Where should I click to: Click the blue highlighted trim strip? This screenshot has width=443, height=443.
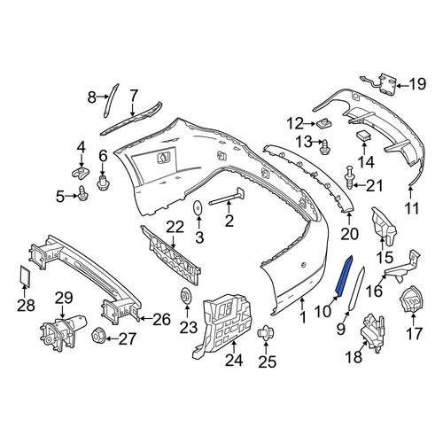pyautogui.click(x=345, y=276)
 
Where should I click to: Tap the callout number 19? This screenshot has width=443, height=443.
pyautogui.click(x=417, y=84)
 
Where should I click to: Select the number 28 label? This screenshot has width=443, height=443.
pyautogui.click(x=26, y=306)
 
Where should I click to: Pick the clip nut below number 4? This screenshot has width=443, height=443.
pyautogui.click(x=81, y=172)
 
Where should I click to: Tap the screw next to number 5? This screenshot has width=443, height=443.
pyautogui.click(x=83, y=192)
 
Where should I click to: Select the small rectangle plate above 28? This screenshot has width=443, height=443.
pyautogui.click(x=25, y=276)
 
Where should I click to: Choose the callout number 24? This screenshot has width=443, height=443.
pyautogui.click(x=234, y=361)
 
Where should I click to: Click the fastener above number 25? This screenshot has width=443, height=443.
pyautogui.click(x=266, y=334)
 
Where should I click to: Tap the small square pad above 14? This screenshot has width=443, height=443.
pyautogui.click(x=364, y=136)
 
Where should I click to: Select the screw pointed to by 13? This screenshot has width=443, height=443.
pyautogui.click(x=325, y=146)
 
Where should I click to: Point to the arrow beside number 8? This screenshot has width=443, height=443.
pyautogui.click(x=104, y=96)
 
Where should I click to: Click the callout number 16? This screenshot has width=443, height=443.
pyautogui.click(x=374, y=291)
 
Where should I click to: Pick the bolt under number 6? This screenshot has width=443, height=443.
pyautogui.click(x=103, y=183)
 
